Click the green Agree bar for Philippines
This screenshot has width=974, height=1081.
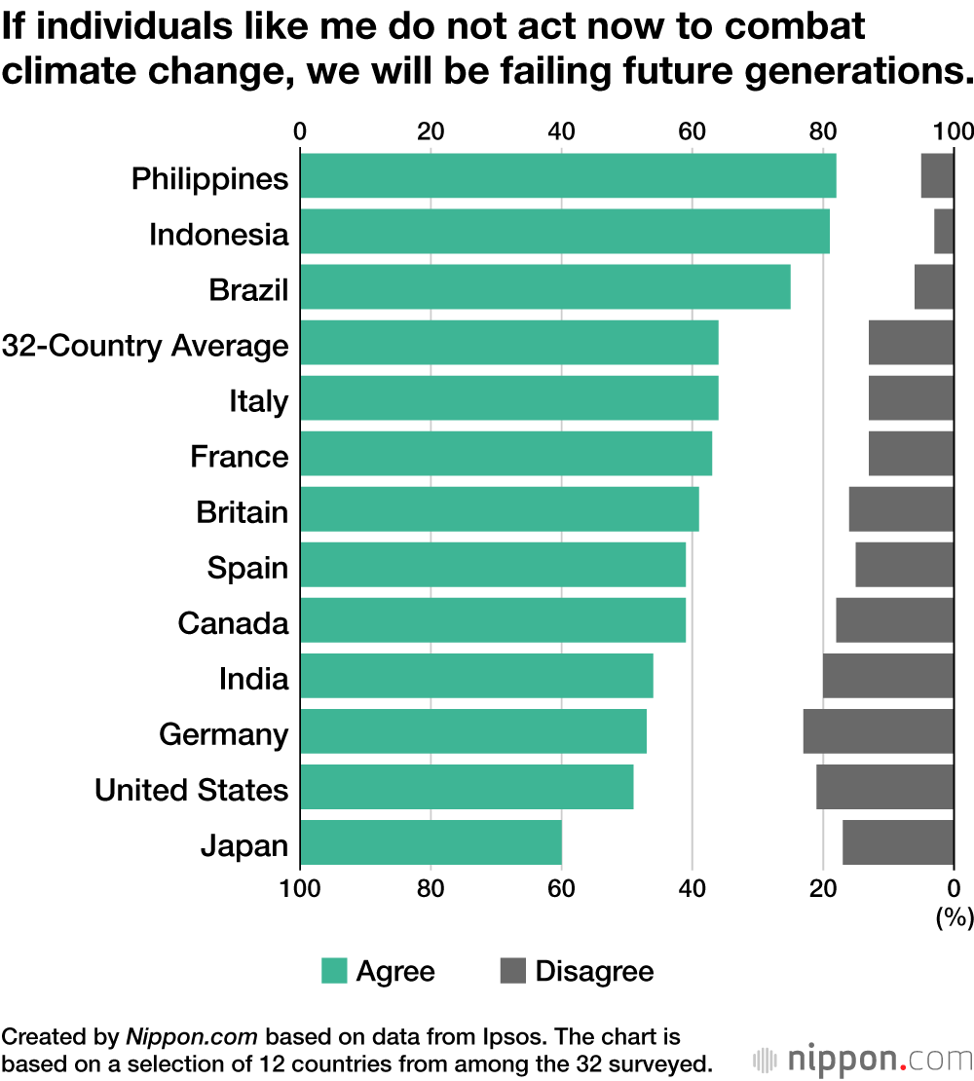click(568, 175)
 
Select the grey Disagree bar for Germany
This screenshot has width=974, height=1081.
click(878, 731)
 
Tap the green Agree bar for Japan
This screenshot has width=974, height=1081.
click(431, 842)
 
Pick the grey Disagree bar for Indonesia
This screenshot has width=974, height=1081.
click(943, 232)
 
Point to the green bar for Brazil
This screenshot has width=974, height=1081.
click(544, 287)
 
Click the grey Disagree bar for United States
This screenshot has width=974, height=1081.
click(884, 787)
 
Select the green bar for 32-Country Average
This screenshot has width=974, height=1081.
click(508, 343)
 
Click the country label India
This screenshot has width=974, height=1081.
click(253, 679)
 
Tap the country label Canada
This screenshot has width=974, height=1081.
click(233, 623)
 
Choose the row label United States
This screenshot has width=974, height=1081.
click(191, 790)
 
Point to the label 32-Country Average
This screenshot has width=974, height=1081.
click(145, 346)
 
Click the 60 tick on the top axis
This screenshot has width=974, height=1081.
click(691, 131)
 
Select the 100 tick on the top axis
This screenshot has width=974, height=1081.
click(953, 131)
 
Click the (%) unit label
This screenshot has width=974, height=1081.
click(955, 916)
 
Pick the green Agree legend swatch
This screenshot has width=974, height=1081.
click(334, 971)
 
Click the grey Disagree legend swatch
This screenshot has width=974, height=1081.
click(512, 971)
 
